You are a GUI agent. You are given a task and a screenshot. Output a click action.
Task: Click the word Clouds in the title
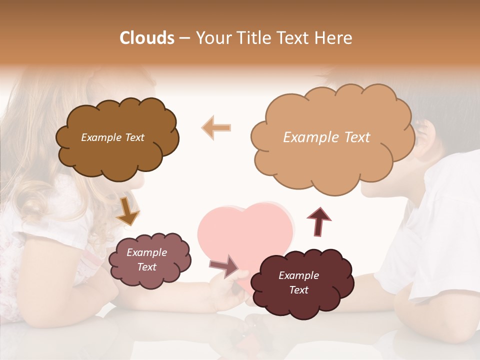147,38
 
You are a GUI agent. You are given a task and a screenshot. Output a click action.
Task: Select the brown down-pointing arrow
127,211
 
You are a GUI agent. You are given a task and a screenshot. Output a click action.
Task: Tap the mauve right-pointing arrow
224,266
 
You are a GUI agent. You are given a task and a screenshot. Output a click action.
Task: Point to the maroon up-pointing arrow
318,221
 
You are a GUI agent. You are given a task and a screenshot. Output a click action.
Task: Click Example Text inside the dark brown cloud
112,137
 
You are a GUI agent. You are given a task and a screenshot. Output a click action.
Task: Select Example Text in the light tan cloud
326,137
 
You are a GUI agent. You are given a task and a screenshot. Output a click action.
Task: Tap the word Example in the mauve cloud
146,252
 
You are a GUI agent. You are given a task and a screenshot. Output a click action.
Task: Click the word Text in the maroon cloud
298,290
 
